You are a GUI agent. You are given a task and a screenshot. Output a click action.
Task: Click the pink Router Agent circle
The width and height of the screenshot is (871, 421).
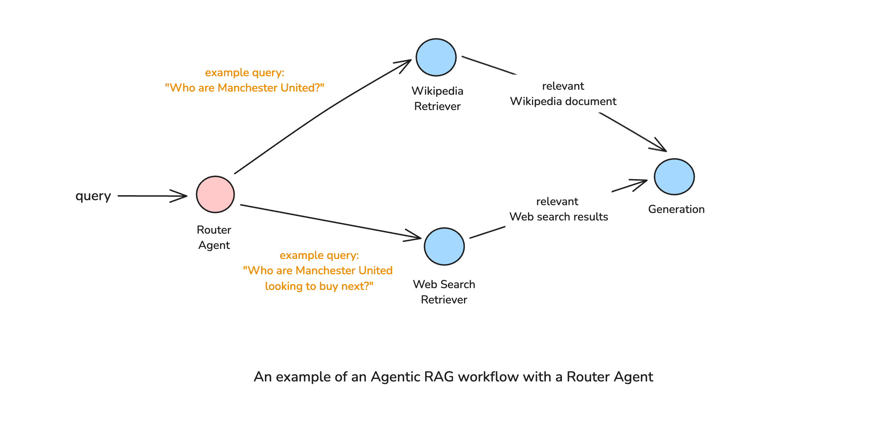[x=215, y=194]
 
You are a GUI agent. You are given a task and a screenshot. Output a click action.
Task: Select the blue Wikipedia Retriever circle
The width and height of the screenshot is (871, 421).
[x=436, y=57]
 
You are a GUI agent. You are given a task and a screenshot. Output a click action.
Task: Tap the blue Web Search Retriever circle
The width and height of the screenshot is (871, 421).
[x=444, y=246]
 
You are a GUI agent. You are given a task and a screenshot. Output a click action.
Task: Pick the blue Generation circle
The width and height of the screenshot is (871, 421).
[x=674, y=177]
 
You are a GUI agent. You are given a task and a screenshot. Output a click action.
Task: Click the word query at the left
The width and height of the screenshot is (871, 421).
[x=93, y=196]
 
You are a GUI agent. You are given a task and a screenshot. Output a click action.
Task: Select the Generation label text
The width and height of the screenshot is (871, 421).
[x=676, y=209]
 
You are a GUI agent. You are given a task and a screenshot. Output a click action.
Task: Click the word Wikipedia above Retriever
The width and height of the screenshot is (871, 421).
[x=437, y=91]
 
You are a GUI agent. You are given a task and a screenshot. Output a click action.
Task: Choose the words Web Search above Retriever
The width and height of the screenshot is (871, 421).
[x=444, y=284]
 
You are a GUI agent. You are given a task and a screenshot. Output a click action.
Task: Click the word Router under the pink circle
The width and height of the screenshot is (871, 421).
[x=214, y=230]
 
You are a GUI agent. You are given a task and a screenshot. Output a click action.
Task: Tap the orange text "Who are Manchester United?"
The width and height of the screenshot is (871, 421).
[x=244, y=88]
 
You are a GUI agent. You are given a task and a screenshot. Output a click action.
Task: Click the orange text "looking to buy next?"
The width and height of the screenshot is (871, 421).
[x=319, y=286]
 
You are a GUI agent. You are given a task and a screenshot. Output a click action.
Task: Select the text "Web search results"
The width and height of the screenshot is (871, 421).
[x=558, y=217]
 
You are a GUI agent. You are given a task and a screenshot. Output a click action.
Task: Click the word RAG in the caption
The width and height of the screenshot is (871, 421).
[x=439, y=376]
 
